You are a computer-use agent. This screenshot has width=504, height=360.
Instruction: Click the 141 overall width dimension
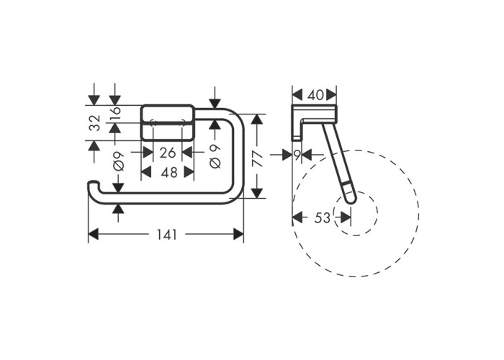(167, 235)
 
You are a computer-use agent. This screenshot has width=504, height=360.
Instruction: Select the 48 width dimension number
(169, 173)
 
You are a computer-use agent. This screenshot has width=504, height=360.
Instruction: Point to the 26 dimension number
(168, 153)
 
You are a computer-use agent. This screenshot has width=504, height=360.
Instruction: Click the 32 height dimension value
(95, 123)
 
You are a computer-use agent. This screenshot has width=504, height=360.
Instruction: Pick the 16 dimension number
(115, 110)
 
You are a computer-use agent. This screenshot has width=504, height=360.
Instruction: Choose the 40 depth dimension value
(315, 95)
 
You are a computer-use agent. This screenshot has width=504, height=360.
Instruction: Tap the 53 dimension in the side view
(322, 218)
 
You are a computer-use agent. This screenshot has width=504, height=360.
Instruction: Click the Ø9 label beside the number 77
(215, 156)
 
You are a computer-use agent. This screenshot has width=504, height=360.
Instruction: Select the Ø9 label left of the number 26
(119, 161)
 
